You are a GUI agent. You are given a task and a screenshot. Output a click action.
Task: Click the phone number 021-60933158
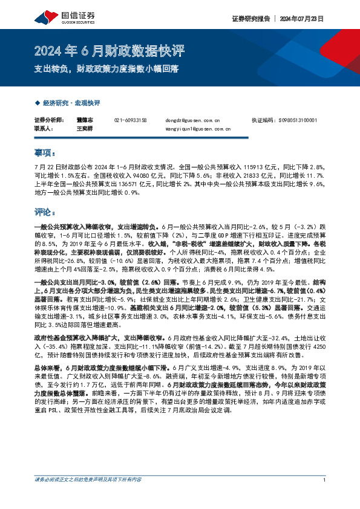131,121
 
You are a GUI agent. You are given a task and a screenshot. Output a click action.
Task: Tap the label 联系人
44,129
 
